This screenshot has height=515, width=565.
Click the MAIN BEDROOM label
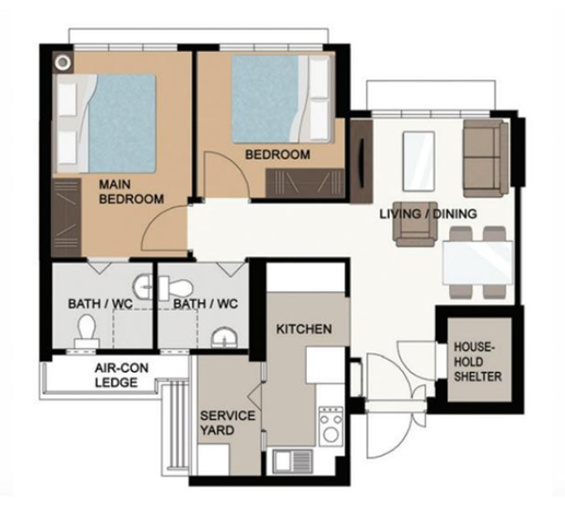click(131, 192)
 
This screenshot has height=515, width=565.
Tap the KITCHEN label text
click(304, 329)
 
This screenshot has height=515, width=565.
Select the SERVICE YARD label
click(227, 423)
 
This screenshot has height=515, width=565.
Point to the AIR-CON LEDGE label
click(121, 375)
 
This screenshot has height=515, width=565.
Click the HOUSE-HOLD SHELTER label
click(477, 362)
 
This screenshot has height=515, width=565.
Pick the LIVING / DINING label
click(428, 214)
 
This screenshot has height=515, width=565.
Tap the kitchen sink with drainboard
click(293, 461)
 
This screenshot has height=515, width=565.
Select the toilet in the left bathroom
click(87, 331)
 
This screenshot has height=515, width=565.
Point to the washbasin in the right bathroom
click(224, 338)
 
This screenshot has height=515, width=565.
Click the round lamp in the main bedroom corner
click(63, 62)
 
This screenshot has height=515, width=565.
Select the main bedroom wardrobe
click(66, 217)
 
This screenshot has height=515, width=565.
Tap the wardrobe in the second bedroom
click(305, 183)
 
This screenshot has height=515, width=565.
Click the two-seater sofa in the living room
click(485, 158)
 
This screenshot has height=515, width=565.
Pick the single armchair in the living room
click(416, 224)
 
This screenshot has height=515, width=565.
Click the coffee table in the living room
click(418, 161)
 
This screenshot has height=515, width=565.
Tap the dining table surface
click(477, 263)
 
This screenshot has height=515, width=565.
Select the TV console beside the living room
click(362, 161)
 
